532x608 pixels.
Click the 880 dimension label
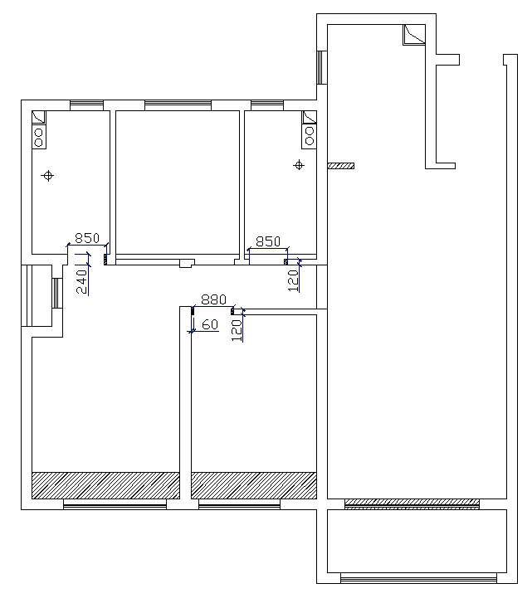213,299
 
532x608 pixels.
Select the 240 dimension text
81,282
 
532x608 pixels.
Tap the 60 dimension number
210,324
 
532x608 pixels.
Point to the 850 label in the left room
87,238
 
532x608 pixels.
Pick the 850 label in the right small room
268,241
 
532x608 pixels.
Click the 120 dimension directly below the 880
237,330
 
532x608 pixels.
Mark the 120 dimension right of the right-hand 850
293,280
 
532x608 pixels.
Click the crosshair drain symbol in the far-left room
48,176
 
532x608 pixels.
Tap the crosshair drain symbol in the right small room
299,165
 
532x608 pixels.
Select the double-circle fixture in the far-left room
39,137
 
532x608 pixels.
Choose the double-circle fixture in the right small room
310,136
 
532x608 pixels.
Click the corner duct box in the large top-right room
414,35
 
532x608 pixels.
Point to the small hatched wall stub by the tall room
341,166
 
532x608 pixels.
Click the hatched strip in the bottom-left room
105,485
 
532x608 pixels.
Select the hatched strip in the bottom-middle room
254,485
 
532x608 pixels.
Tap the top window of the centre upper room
178,105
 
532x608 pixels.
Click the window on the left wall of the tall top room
322,67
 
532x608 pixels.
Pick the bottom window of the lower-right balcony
418,578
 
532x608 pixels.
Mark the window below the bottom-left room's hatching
115,504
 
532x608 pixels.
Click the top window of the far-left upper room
86,105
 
